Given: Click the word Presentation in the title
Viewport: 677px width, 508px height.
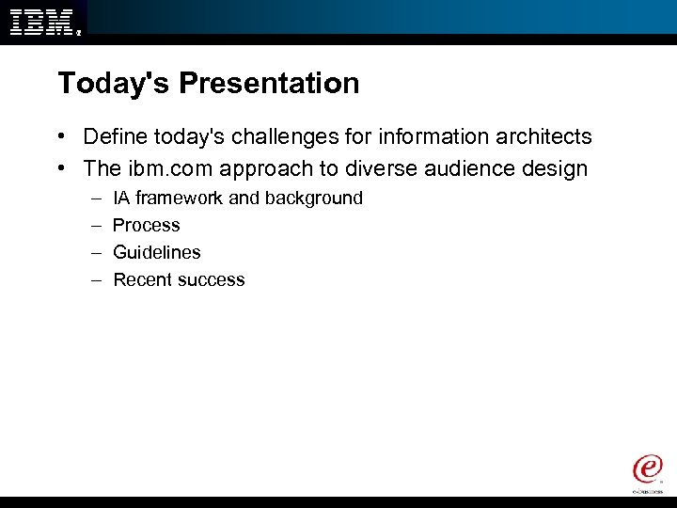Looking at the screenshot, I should point(269,84).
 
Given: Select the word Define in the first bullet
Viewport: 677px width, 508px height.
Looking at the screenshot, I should point(112,137).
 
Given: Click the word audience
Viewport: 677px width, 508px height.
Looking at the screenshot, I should point(472,169).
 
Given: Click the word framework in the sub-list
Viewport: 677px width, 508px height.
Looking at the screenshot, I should point(180,198).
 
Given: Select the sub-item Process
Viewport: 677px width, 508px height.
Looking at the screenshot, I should point(146,226).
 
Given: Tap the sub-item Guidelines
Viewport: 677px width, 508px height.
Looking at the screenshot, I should point(156,252).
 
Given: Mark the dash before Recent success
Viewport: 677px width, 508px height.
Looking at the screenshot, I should point(97,279).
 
